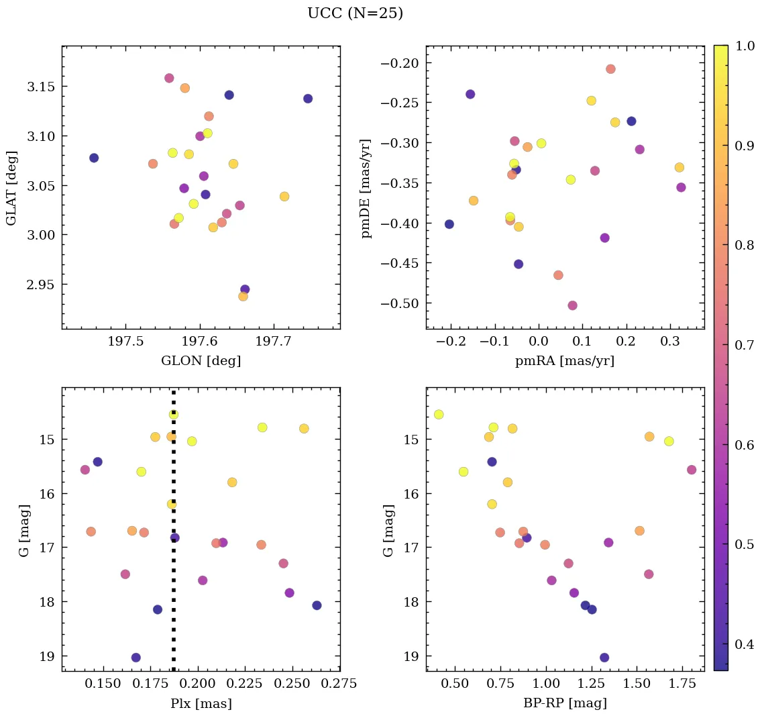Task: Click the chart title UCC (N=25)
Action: pyautogui.click(x=355, y=13)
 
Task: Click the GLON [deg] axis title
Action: pyautogui.click(x=201, y=361)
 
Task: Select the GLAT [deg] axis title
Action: pyautogui.click(x=11, y=188)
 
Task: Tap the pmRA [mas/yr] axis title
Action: pyautogui.click(x=564, y=361)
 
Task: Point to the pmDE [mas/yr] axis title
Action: pyautogui.click(x=366, y=188)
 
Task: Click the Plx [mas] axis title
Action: pyautogui.click(x=201, y=703)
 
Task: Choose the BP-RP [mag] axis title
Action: pyautogui.click(x=564, y=703)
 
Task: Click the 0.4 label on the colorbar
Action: pyautogui.click(x=743, y=644)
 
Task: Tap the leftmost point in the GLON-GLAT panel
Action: pyautogui.click(x=94, y=158)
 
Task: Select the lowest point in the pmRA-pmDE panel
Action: pyautogui.click(x=572, y=305)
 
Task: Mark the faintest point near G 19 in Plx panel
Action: pyautogui.click(x=136, y=658)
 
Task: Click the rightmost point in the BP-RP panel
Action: pyautogui.click(x=692, y=470)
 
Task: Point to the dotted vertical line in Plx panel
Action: pyautogui.click(x=174, y=604)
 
